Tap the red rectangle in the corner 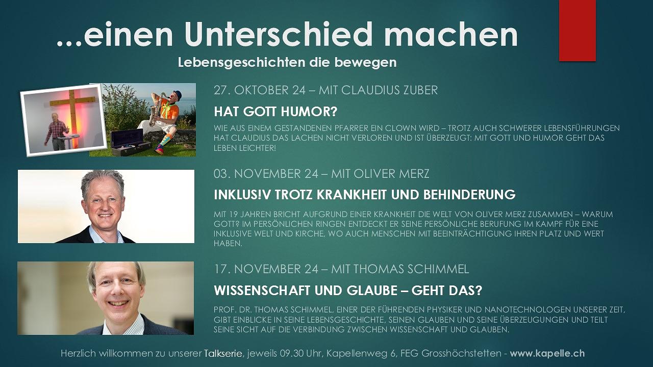[577, 31]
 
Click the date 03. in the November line [223, 174]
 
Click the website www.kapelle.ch [547, 353]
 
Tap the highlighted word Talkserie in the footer [223, 353]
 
